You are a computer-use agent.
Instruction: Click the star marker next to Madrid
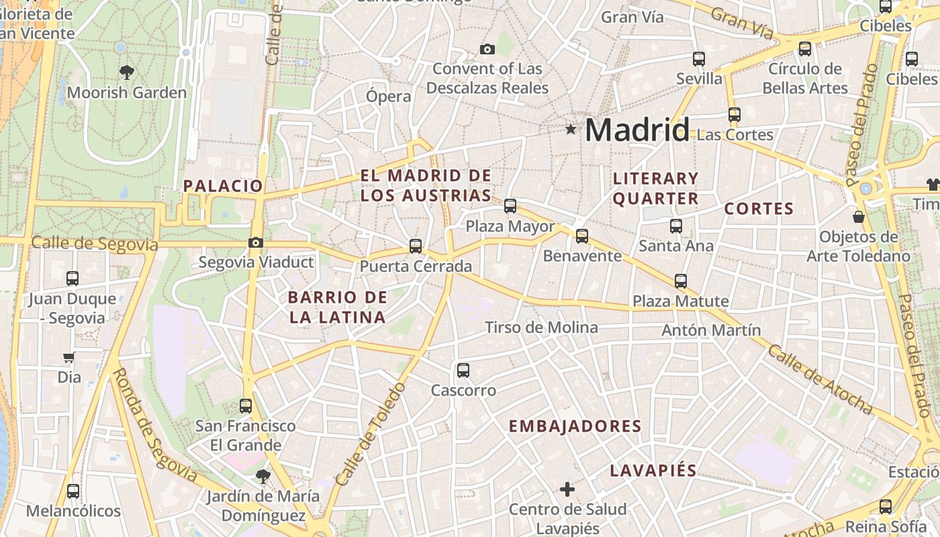pos(571,129)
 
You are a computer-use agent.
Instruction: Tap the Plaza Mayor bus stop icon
pos(510,206)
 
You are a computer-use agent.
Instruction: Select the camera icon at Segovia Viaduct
pos(256,242)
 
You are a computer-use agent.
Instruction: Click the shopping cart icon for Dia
pos(68,357)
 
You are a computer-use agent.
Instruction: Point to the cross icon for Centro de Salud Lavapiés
pos(567,489)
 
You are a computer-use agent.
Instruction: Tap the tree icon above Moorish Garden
pos(126,72)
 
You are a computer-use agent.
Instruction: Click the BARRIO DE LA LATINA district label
pos(337,307)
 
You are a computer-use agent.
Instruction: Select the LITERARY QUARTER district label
pos(656,188)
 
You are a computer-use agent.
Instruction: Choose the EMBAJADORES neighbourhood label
pos(575,426)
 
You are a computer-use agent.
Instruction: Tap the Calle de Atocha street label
pos(820,380)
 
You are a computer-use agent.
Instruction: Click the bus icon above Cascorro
pos(463,370)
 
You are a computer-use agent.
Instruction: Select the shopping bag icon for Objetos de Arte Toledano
pos(858,217)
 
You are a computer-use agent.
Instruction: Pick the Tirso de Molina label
pos(541,328)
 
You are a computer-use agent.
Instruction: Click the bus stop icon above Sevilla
pos(699,59)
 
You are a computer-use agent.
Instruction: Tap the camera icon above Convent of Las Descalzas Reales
pos(487,49)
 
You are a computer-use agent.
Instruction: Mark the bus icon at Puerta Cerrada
pos(416,246)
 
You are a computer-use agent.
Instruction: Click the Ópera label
pos(388,96)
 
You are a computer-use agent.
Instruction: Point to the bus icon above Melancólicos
pos(73,491)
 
